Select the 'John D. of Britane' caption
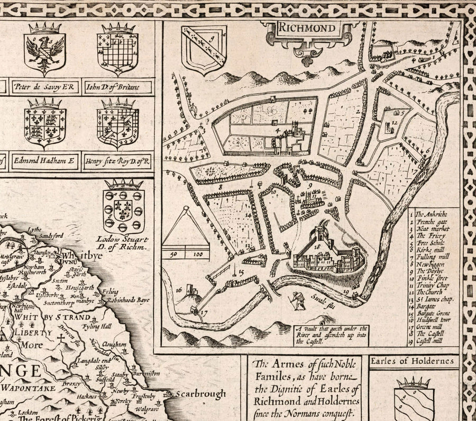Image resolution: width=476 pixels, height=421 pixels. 118,86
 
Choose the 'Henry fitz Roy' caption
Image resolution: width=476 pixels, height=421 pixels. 118,160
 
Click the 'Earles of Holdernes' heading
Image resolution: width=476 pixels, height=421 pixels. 413,362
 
